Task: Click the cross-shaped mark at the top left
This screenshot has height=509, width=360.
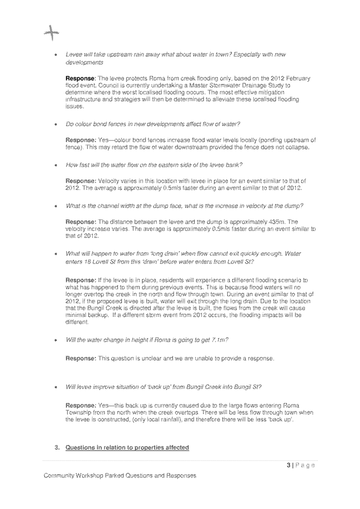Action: [51, 34]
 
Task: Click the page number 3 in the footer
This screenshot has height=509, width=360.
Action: [289, 465]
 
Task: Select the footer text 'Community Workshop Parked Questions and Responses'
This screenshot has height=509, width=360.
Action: [120, 475]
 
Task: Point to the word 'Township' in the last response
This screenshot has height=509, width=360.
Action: [79, 413]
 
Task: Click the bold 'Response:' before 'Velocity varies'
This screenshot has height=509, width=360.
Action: [81, 181]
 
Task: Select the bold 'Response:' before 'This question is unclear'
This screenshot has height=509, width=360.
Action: [81, 359]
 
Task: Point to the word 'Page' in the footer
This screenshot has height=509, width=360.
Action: [305, 465]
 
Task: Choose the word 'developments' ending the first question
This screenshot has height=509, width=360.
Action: [84, 62]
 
